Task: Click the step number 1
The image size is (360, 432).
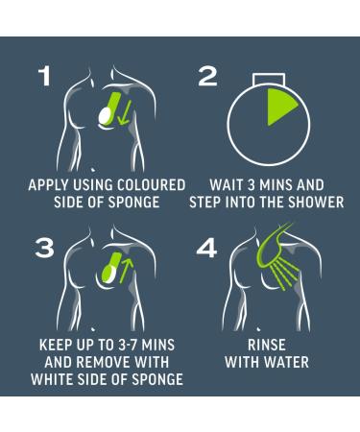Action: coord(45,77)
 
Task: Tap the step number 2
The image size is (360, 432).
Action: coord(207,77)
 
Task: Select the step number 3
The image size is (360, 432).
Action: coord(44,249)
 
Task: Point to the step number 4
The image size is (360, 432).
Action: coord(206,249)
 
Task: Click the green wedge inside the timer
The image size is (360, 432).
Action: coord(279,107)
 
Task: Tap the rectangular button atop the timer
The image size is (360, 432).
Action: coord(268,80)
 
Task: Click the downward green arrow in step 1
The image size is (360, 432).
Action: coord(124,111)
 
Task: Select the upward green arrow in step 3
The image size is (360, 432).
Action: coord(126,271)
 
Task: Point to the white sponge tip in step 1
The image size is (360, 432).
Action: coord(105,116)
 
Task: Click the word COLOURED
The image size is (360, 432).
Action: coord(151,185)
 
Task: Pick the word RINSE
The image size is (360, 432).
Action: coord(267,345)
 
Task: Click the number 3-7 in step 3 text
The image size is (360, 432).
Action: coord(128,345)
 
